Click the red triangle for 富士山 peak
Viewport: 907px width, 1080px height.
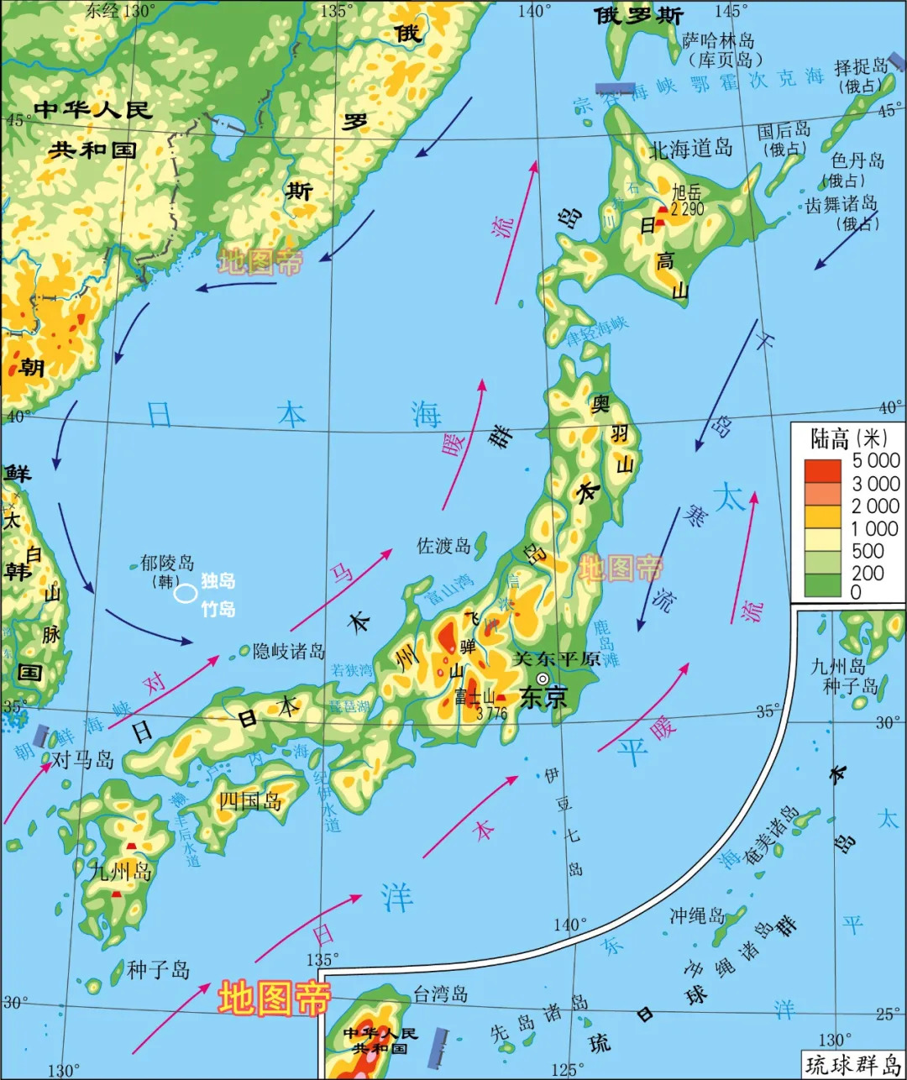coord(501,697)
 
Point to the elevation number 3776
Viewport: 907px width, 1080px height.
coord(491,714)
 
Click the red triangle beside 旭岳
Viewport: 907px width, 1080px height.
coord(663,210)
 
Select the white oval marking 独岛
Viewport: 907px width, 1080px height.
coord(186,594)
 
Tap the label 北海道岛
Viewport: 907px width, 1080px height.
coord(690,149)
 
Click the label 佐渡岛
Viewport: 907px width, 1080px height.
coord(444,546)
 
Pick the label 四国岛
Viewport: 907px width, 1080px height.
coord(250,800)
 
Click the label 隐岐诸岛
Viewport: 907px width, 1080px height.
coord(288,651)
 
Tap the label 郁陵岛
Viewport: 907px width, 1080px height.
coord(166,563)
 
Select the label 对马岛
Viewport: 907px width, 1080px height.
coord(82,760)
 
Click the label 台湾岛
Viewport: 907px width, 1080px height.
coord(440,994)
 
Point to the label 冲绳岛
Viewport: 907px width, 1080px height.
coord(696,915)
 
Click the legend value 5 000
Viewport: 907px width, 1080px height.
coord(876,460)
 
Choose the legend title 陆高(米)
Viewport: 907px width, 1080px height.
coord(848,438)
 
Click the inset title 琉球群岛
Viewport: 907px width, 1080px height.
coord(852,1065)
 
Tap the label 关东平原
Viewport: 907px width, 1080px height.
coord(557,659)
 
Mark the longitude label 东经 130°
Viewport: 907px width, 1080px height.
coord(121,11)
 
